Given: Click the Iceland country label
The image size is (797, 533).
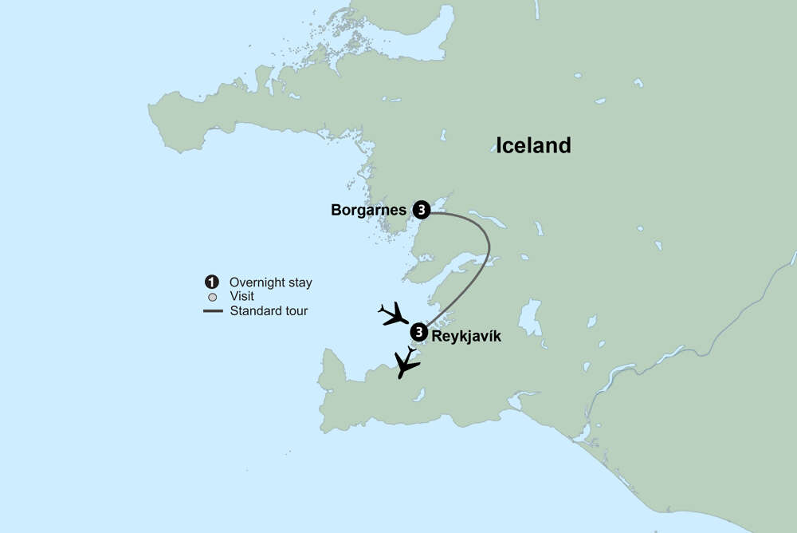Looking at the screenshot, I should click(533, 145).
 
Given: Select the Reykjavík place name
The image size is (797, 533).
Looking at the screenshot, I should click(466, 337).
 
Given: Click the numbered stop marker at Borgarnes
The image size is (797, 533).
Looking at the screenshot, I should click(421, 210).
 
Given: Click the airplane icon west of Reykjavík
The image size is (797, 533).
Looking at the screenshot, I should click(394, 314).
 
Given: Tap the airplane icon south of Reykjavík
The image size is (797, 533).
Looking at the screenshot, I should click(407, 363).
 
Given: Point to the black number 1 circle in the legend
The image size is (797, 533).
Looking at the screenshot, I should click(211, 282).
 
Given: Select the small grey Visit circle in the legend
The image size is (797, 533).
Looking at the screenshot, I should click(211, 297).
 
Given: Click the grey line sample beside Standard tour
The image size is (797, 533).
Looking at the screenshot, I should click(212, 310).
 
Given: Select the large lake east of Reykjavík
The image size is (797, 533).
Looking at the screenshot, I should click(530, 318).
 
